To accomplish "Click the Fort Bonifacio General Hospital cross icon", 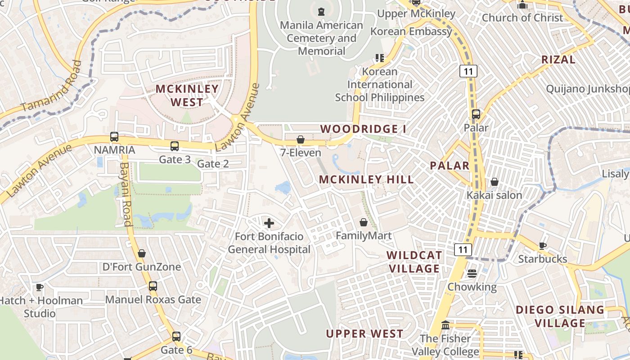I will coord(269,223).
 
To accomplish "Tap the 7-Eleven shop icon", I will coord(301,140).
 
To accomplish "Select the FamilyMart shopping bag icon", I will coord(364,222).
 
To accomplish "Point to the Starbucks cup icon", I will coord(543,246).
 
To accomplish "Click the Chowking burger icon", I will coord(472,273).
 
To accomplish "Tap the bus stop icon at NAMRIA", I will coord(114,137).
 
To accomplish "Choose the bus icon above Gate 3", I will coord(175,146).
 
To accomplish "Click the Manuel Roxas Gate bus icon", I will coord(153,286).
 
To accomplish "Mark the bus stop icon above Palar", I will coord(476,114).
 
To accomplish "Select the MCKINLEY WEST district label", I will coord(187,95).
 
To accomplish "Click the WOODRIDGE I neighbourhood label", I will coord(363,129).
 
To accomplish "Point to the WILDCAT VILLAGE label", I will coord(414,262).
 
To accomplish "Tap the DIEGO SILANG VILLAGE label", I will coord(560,316).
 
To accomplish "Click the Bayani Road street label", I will coord(126,193).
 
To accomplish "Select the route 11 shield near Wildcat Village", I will coord(463,250).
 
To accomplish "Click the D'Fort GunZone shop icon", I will coord(142,254).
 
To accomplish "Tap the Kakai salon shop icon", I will coord(495,182).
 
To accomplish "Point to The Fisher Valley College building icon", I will coord(445,325).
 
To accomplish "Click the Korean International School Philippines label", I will coord(380,85).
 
